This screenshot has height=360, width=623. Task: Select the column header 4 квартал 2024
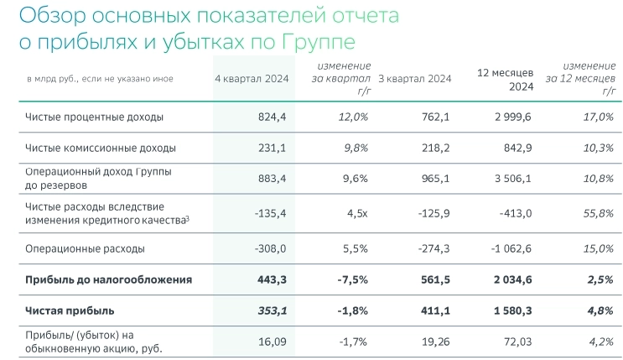tap(252, 79)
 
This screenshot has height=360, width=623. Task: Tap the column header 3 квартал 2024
tap(414, 79)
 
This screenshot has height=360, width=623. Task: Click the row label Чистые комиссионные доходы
tap(101, 148)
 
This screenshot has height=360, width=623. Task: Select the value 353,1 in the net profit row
tap(272, 311)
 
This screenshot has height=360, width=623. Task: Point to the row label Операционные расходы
tap(86, 248)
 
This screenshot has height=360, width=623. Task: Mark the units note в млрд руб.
tap(58, 79)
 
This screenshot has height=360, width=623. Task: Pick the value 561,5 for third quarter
tap(434, 279)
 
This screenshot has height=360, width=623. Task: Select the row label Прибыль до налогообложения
tap(109, 279)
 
